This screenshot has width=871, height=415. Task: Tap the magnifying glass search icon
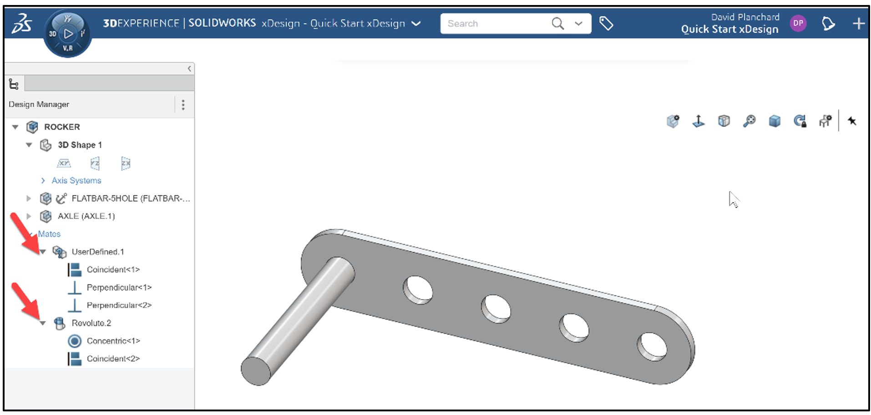pos(557,23)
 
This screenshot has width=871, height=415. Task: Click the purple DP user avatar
pos(798,23)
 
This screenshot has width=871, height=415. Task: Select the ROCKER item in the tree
pos(62,127)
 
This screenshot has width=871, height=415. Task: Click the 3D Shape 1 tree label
pos(80,145)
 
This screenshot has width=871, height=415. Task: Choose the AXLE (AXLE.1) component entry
pos(86,216)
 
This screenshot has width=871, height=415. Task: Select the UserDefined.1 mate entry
pos(97,251)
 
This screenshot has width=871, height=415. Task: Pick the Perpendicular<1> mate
pos(119,287)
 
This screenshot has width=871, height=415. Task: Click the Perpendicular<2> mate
pos(119,305)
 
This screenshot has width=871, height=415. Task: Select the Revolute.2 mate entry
pos(91,323)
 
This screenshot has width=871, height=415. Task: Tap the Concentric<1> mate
pos(113,340)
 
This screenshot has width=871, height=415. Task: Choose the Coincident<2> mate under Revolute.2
pos(113,359)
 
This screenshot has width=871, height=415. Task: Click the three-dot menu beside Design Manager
pos(183,105)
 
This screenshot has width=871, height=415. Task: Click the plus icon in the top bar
pos(858,23)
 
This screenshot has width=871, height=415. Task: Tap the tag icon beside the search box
pos(606,23)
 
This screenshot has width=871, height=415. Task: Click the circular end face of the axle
pos(256,371)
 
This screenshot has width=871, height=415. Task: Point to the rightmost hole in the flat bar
pos(652,347)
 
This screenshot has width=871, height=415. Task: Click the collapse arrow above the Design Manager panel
pos(189,69)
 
